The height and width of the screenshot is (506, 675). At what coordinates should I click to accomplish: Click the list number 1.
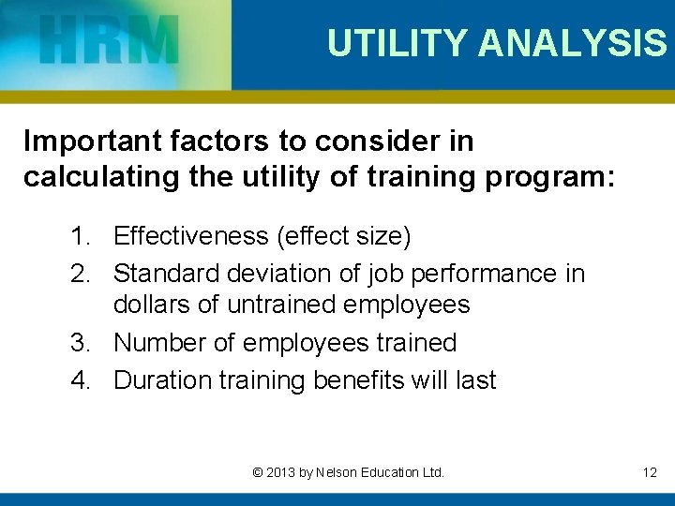pyautogui.click(x=79, y=237)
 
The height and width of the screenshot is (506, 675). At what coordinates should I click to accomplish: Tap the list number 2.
pyautogui.click(x=79, y=274)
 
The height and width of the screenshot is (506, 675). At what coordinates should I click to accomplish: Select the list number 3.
pyautogui.click(x=79, y=343)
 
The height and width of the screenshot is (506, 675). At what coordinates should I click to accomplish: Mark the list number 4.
pyautogui.click(x=79, y=380)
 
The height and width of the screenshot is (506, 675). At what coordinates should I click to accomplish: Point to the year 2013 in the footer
pyautogui.click(x=278, y=472)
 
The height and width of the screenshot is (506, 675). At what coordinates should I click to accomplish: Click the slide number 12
pyautogui.click(x=650, y=472)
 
